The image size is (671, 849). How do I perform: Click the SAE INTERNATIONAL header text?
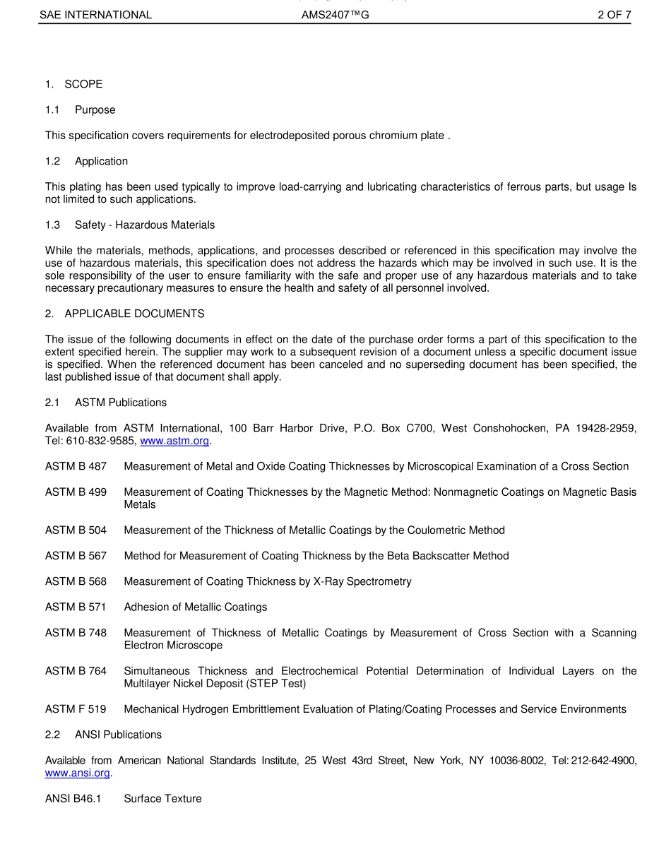click(95, 15)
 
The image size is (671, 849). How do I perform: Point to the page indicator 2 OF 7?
click(614, 15)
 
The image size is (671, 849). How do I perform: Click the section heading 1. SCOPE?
click(73, 84)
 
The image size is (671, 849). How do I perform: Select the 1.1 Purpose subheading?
click(80, 110)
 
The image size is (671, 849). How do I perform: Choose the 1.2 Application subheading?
click(86, 161)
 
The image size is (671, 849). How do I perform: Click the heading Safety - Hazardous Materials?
click(144, 225)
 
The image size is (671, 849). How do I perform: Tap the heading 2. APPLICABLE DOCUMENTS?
click(124, 314)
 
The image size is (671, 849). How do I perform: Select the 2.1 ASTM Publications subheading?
click(106, 403)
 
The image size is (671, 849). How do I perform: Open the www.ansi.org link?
click(78, 773)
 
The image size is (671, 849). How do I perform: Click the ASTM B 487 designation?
click(76, 466)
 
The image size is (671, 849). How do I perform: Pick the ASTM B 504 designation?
click(76, 530)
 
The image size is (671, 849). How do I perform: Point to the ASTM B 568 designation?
click(76, 581)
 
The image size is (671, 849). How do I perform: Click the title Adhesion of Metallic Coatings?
click(195, 607)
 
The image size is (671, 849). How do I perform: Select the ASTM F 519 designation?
click(76, 709)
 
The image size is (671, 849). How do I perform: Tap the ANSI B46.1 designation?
click(73, 799)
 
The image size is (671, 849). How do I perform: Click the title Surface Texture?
click(162, 799)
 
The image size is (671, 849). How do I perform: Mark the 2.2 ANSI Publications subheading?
click(103, 735)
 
